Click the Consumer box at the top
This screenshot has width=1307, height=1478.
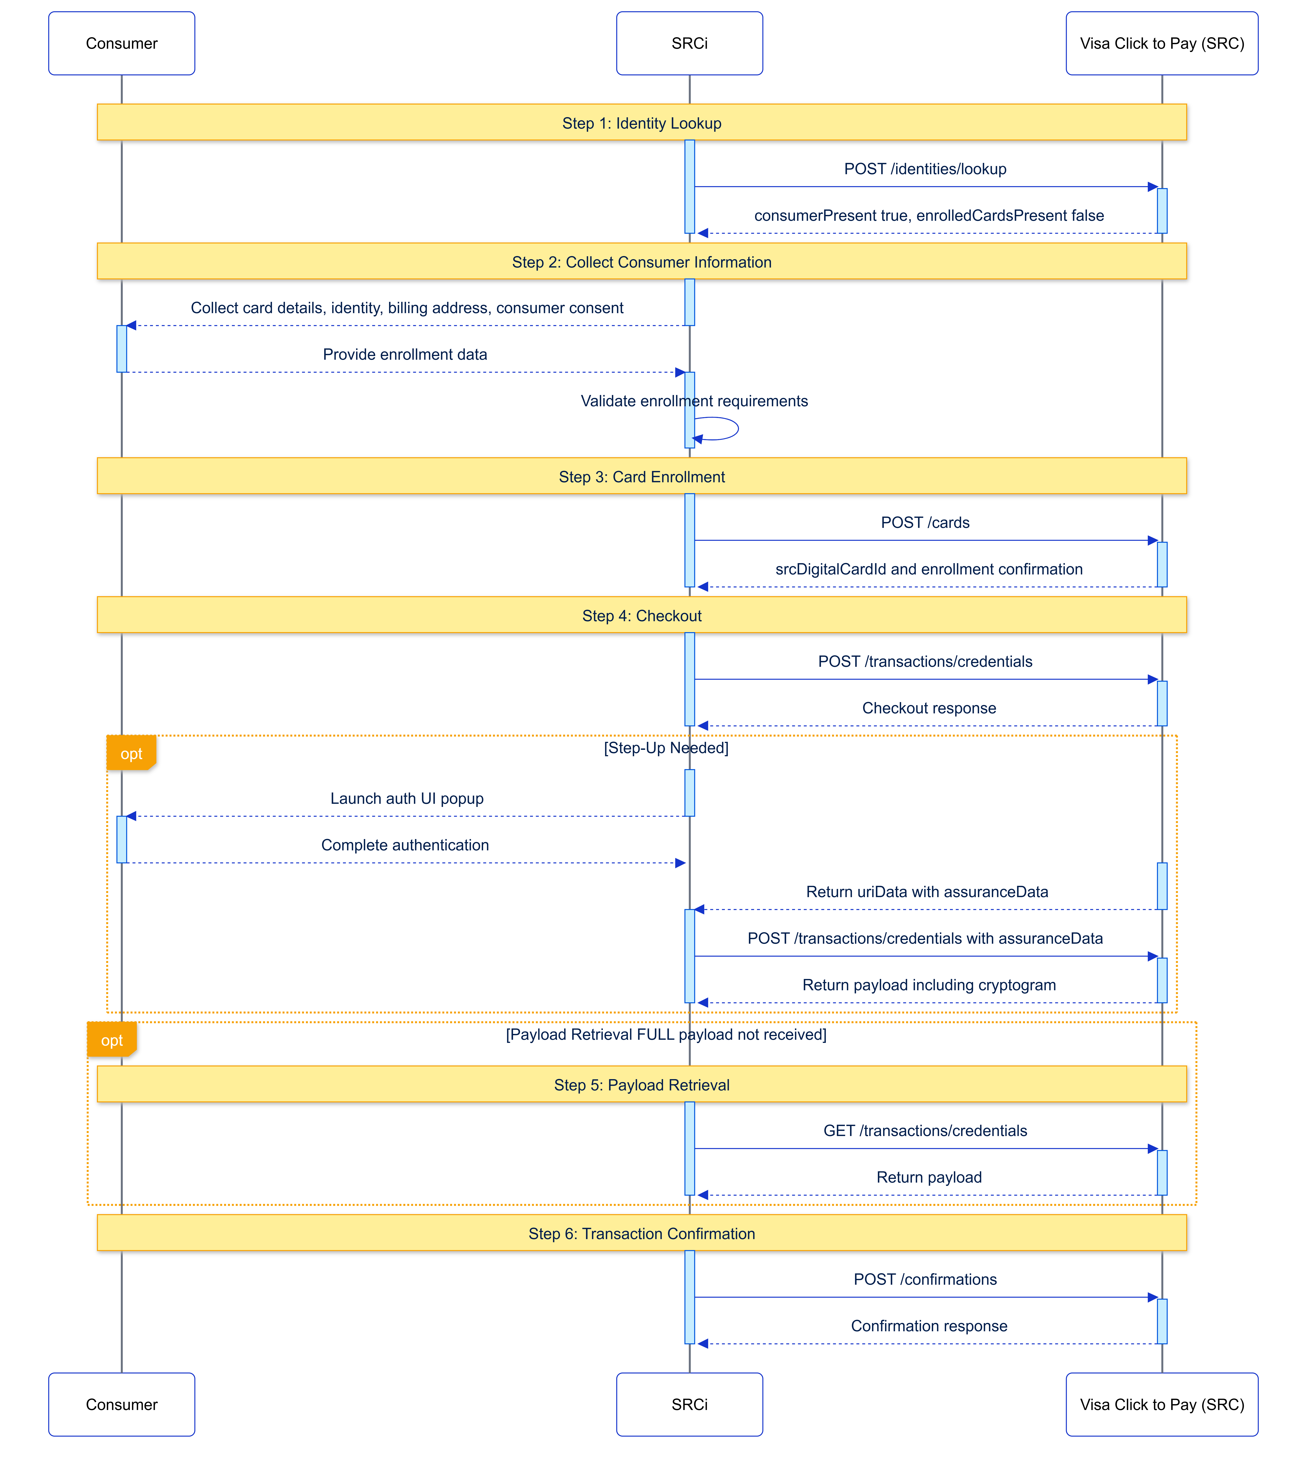point(122,43)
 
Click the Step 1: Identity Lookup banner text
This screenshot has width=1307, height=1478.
point(642,123)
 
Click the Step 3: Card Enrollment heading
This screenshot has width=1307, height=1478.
point(642,476)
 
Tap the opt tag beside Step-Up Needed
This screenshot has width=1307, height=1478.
point(131,754)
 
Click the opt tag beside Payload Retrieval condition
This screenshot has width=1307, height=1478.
point(111,1040)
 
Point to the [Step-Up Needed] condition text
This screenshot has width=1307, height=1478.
point(665,748)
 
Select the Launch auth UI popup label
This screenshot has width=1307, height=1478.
point(407,798)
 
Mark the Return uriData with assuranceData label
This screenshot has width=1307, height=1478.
point(927,891)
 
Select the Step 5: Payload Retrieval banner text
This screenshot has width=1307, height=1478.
point(642,1085)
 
